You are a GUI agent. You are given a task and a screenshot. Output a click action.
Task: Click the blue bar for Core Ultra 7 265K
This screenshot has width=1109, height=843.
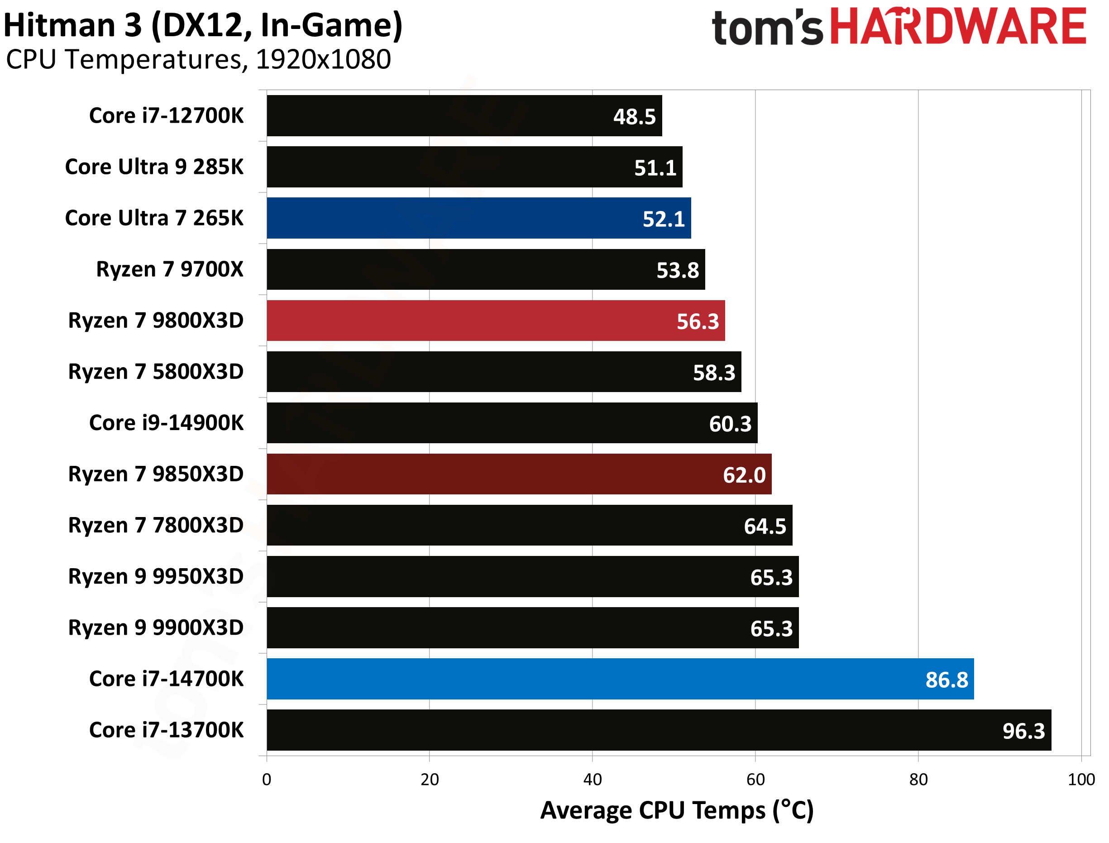(x=478, y=218)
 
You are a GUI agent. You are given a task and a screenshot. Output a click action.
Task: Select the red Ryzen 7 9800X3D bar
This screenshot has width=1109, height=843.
(x=495, y=320)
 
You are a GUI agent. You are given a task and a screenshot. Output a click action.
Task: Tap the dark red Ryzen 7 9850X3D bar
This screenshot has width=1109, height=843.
(x=519, y=474)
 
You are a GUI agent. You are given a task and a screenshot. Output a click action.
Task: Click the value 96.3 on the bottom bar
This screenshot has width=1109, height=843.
(x=1023, y=731)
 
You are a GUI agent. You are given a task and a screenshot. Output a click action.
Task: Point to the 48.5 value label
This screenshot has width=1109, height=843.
(x=634, y=117)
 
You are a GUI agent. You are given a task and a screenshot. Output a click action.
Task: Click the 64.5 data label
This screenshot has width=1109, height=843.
(x=765, y=527)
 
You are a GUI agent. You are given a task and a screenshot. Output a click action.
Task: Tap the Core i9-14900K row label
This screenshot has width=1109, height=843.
(x=166, y=423)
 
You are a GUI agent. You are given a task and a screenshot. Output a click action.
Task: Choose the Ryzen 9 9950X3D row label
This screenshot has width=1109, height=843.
(x=156, y=576)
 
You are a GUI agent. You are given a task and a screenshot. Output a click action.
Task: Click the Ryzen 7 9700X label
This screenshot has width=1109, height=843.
(x=170, y=269)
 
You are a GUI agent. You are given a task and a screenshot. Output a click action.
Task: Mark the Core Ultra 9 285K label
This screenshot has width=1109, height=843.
(x=154, y=167)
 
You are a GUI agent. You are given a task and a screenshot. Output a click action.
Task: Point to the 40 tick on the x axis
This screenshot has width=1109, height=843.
(x=592, y=779)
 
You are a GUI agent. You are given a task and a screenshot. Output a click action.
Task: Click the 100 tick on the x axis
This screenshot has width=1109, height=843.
(x=1081, y=779)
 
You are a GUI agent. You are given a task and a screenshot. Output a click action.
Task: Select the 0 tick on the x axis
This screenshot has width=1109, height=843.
(x=266, y=779)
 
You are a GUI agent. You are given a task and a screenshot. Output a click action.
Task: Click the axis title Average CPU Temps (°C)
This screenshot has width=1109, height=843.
(x=676, y=810)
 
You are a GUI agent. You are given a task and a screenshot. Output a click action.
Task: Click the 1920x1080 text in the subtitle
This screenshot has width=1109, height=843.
(x=323, y=60)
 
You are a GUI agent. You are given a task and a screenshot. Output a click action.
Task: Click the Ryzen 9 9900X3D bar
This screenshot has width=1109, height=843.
(x=532, y=628)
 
